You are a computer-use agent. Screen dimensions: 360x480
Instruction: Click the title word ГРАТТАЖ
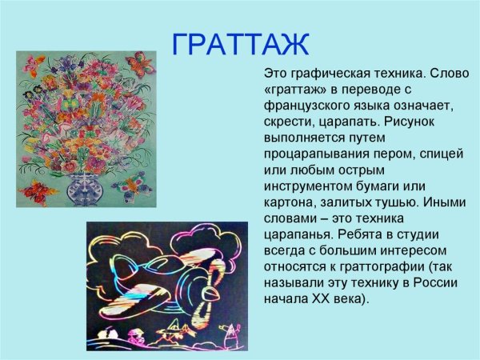(240, 44)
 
